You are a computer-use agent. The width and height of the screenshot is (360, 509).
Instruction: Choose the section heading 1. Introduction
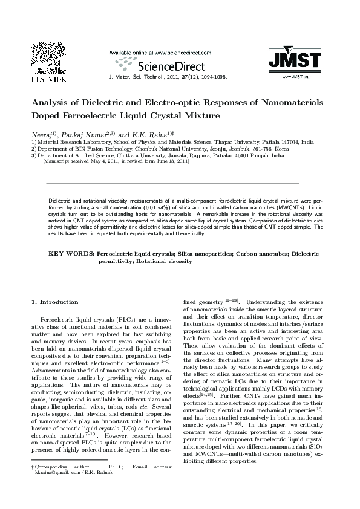tap(55, 302)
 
